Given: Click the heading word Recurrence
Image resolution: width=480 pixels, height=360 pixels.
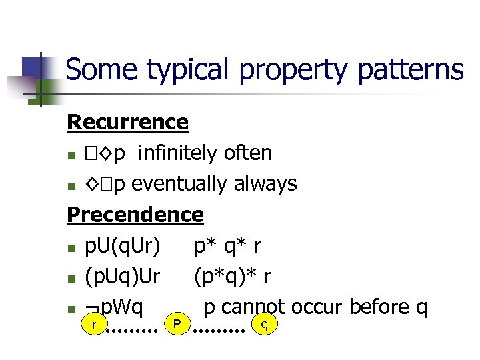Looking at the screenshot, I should click(x=127, y=122).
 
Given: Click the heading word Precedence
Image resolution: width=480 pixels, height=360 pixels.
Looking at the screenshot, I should click(x=135, y=214).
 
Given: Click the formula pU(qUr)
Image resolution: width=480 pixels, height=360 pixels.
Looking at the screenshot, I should click(x=122, y=246).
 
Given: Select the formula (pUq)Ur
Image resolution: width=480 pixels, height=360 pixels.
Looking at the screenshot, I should click(x=122, y=276).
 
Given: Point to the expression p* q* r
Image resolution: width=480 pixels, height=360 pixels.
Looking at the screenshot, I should click(x=227, y=246).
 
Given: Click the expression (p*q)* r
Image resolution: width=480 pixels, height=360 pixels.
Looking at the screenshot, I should click(x=233, y=276).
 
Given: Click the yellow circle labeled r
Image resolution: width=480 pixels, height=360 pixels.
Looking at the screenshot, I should click(x=94, y=324).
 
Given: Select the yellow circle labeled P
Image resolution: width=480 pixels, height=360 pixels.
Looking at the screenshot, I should click(x=177, y=324).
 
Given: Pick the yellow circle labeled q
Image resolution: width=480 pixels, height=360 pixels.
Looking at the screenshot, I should click(x=265, y=324).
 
